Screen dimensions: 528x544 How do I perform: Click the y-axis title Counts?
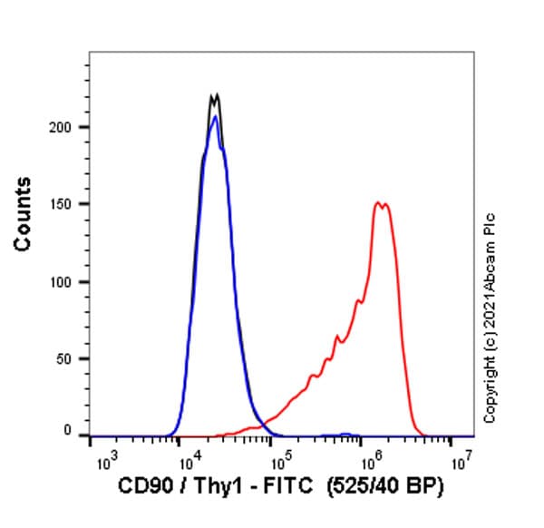23,214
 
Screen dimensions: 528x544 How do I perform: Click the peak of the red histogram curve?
378,203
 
